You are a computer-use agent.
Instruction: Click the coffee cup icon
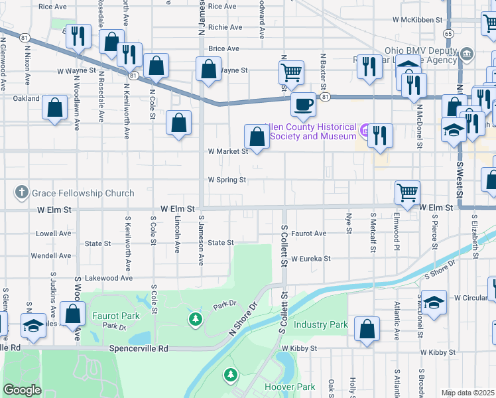tap(304, 105)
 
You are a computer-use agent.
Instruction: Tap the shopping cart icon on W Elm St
tap(407, 192)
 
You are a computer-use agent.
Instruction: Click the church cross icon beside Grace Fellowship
tap(21, 194)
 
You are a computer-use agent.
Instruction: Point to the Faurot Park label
tap(115, 316)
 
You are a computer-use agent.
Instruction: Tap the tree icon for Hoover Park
tap(230, 375)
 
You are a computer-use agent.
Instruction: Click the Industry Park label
tap(321, 325)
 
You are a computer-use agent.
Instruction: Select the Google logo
tap(22, 390)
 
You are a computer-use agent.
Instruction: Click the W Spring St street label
tap(227, 180)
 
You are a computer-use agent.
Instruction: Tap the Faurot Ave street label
tap(310, 233)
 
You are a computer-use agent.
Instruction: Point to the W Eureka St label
tap(310, 259)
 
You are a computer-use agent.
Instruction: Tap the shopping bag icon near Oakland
tap(55, 106)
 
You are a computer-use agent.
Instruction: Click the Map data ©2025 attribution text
tap(467, 393)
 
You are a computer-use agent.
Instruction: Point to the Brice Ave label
tap(223, 49)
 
